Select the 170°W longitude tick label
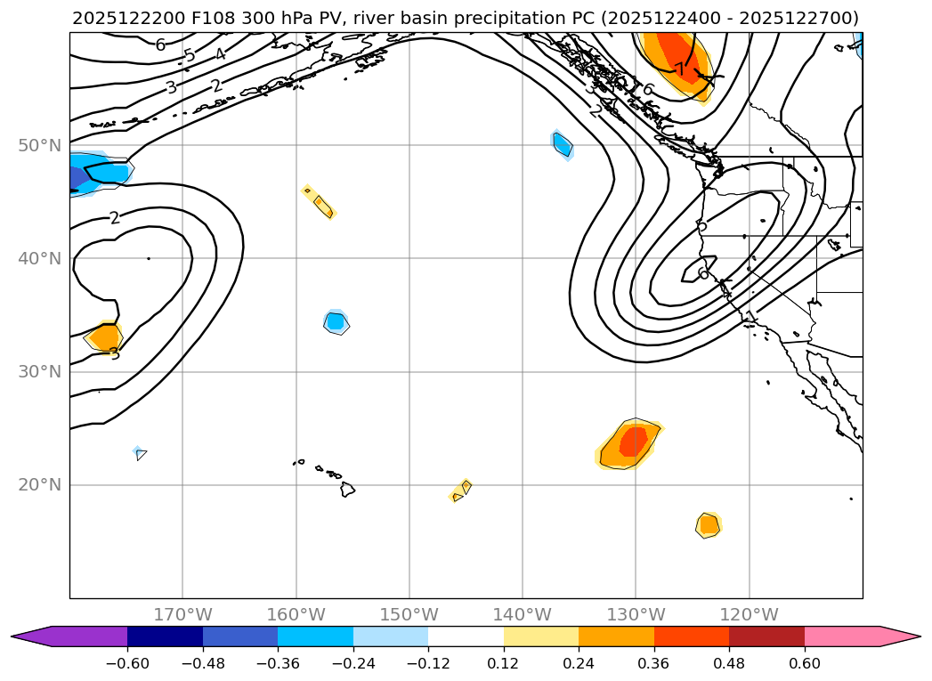pyautogui.click(x=182, y=614)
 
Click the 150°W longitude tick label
pyautogui.click(x=409, y=614)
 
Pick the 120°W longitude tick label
pyautogui.click(x=749, y=614)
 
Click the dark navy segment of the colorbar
pyautogui.click(x=165, y=636)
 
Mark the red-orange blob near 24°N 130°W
pyautogui.click(x=631, y=442)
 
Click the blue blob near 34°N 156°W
pyautogui.click(x=335, y=321)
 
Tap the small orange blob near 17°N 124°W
pyautogui.click(x=708, y=525)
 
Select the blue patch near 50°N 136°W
pyautogui.click(x=563, y=142)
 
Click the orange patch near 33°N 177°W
pyautogui.click(x=105, y=337)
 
